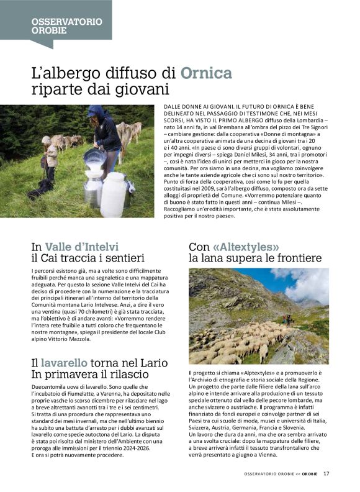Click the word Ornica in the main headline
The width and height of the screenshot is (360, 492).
[x=206, y=74]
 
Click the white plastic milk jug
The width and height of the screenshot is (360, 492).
[x=114, y=195]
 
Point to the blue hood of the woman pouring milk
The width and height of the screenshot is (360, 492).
[x=96, y=111]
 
